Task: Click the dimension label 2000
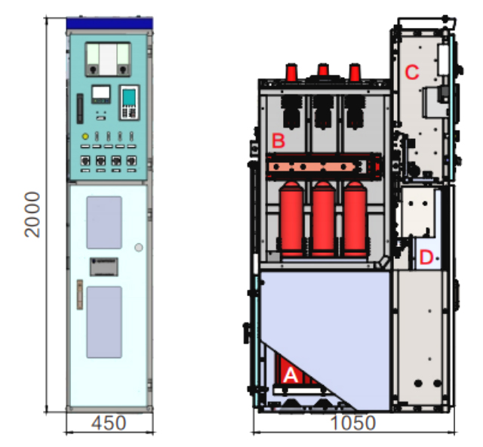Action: click(32, 214)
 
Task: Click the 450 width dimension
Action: click(109, 423)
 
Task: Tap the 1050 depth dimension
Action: click(353, 423)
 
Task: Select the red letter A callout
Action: click(290, 375)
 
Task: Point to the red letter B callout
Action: click(278, 140)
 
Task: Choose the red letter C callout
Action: click(412, 72)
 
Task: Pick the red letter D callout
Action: click(426, 257)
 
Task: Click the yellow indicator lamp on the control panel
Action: click(85, 136)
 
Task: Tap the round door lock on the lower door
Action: click(139, 247)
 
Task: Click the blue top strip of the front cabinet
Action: click(109, 23)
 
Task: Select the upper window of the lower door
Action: click(104, 222)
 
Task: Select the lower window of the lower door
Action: click(104, 322)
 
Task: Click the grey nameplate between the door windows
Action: click(104, 267)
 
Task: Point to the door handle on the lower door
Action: click(80, 294)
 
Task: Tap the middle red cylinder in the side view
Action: click(323, 219)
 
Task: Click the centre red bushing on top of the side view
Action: click(323, 69)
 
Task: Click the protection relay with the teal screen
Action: click(129, 103)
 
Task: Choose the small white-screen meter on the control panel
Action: click(101, 94)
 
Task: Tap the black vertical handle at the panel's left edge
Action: click(80, 109)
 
